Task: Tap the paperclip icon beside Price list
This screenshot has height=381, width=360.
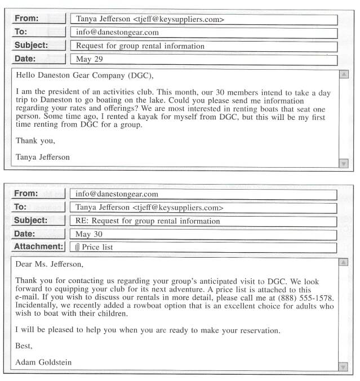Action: click(x=78, y=247)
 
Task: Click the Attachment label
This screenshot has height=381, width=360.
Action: click(x=38, y=246)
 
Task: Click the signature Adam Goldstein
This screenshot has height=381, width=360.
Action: click(x=43, y=362)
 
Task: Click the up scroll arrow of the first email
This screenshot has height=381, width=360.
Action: click(x=344, y=74)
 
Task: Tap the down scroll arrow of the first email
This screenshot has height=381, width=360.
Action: click(x=344, y=163)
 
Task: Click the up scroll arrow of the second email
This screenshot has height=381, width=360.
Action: click(x=344, y=262)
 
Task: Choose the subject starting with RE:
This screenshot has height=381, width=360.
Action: click(x=148, y=221)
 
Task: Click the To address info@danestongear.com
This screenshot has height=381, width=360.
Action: click(x=117, y=33)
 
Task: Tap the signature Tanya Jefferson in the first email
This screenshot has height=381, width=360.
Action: click(x=43, y=158)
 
